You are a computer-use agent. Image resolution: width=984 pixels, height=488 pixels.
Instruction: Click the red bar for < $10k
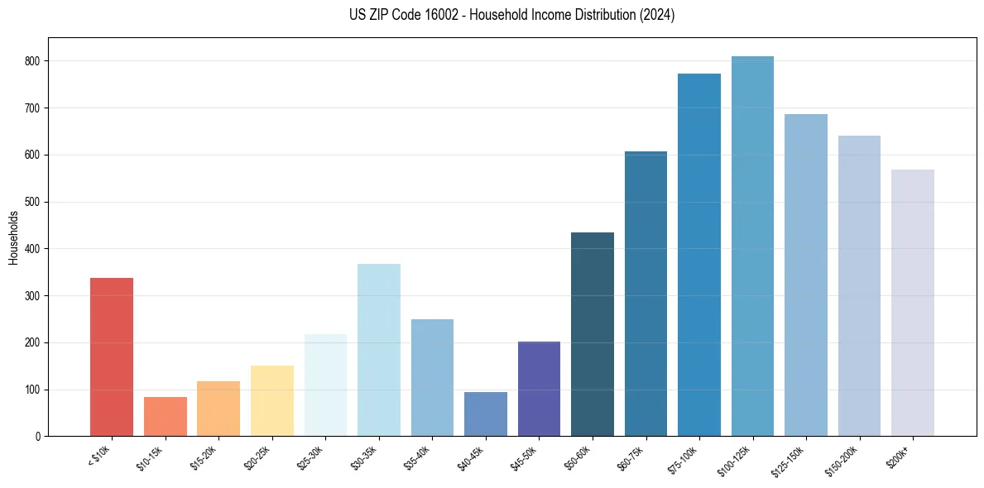click(112, 357)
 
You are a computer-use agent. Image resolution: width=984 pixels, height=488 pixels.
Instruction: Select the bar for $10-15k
click(166, 417)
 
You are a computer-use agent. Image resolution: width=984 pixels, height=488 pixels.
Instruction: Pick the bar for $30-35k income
click(379, 350)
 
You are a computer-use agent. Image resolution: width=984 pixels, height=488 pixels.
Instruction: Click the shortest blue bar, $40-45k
click(486, 414)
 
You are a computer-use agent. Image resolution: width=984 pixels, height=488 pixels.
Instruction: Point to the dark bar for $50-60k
click(593, 334)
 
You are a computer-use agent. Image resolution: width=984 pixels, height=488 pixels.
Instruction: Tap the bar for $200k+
click(913, 303)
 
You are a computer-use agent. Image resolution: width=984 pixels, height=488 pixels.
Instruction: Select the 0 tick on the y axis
click(40, 437)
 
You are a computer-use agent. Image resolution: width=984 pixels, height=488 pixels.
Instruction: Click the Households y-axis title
click(13, 237)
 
